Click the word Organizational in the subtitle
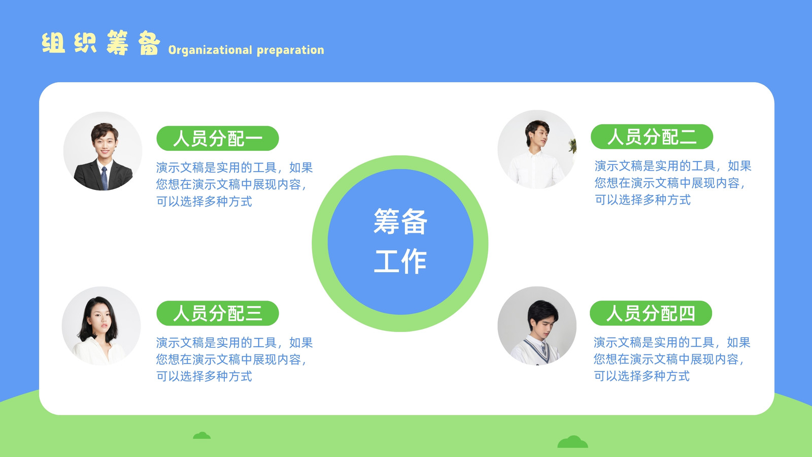210,50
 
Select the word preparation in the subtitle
290,50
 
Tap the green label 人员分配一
218,138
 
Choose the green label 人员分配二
652,137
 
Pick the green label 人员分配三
218,313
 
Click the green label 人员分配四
651,313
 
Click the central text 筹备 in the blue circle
400,221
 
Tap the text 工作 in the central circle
400,261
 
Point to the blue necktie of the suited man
105,178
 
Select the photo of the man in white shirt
537,149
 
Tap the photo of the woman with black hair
101,325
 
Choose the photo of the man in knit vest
537,325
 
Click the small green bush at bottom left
202,435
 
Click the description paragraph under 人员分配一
234,184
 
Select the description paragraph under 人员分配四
672,359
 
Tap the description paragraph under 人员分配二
673,183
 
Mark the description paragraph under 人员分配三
234,359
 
